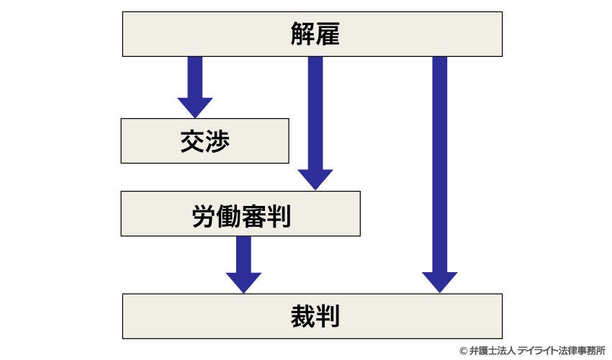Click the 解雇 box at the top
point(312,34)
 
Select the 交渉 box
point(205,141)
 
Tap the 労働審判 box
point(240,214)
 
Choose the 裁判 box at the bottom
point(312,316)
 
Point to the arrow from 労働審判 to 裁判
point(243,263)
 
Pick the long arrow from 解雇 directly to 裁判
point(440,173)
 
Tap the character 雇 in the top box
point(325,34)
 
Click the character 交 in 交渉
point(192,141)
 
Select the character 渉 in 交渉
point(217,141)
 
